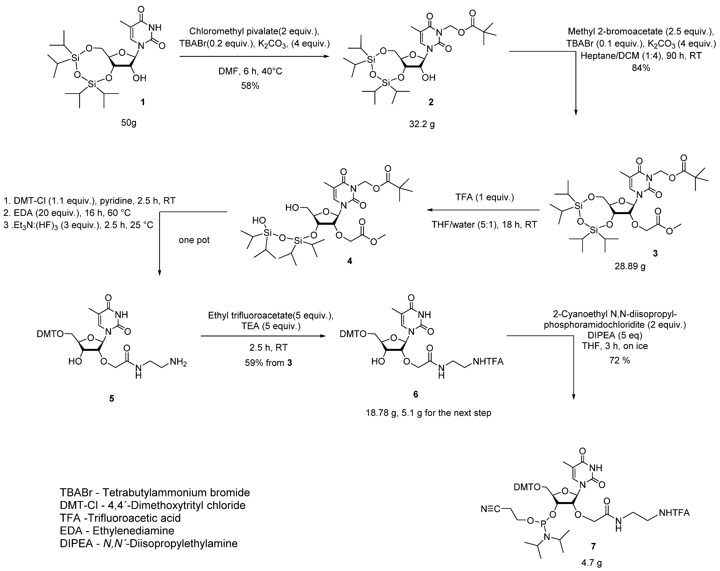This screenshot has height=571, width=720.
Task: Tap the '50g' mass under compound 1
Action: tap(129, 123)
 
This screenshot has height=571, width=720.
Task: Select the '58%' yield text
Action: tap(250, 86)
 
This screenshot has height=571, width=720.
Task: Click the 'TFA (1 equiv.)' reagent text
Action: tap(484, 197)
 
